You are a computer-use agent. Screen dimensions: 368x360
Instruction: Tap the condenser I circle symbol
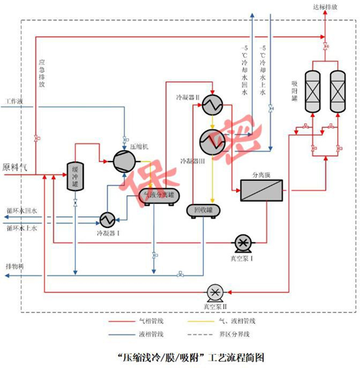pyautogui.click(x=107, y=219)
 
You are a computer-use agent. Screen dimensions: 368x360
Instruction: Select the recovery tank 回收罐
pyautogui.click(x=199, y=210)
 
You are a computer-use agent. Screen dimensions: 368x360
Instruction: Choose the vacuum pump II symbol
pyautogui.click(x=216, y=292)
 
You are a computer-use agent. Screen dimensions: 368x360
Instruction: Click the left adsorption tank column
pyautogui.click(x=312, y=91)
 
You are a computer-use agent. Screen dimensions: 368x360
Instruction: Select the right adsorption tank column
pyautogui.click(x=338, y=91)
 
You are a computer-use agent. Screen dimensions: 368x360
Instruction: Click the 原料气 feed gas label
pyautogui.click(x=15, y=168)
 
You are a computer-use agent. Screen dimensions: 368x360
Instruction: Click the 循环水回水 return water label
pyautogui.click(x=21, y=210)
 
